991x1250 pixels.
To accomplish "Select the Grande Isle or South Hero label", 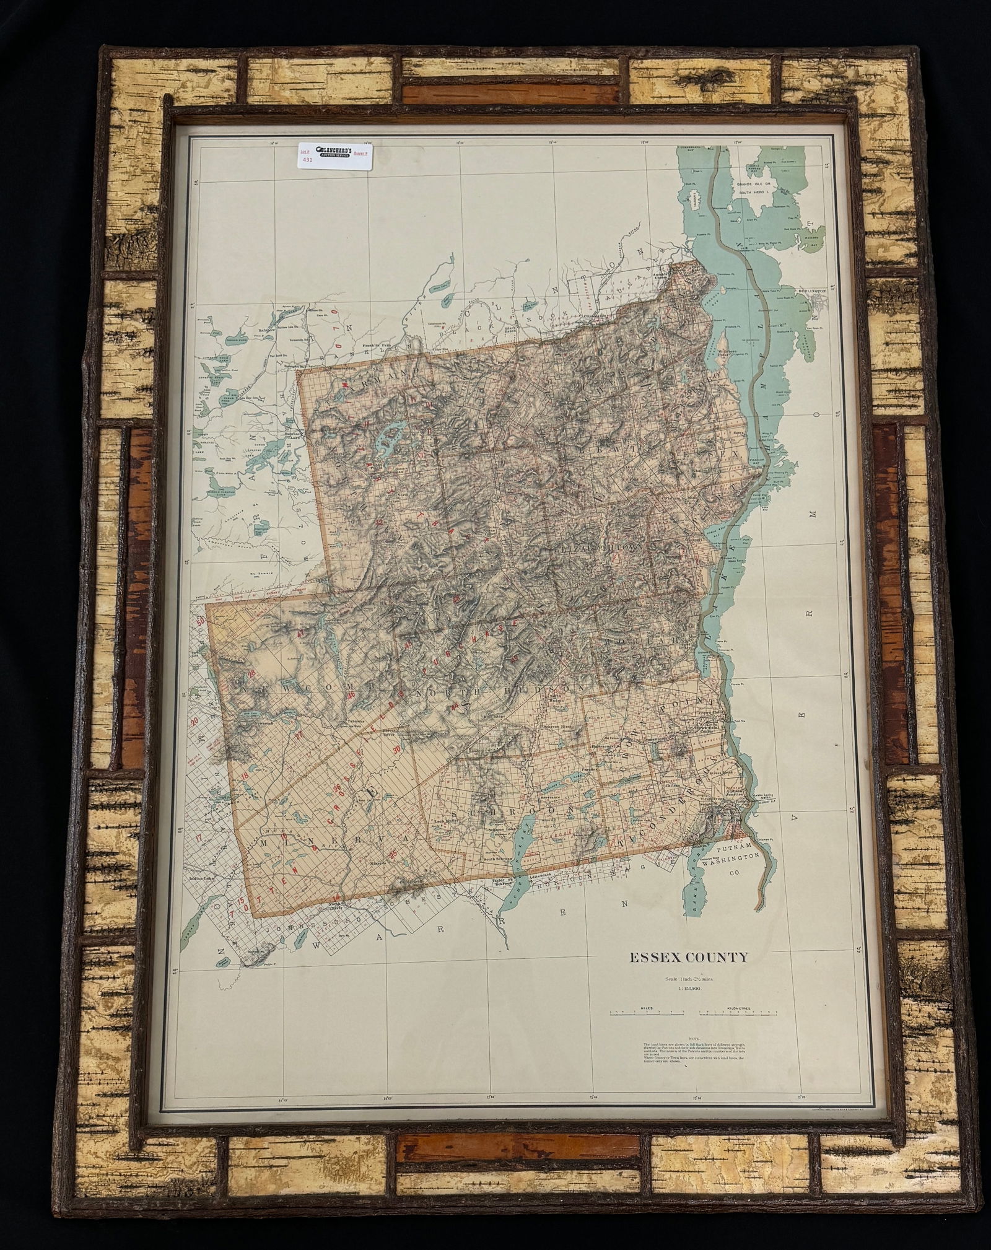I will coord(759,188).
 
